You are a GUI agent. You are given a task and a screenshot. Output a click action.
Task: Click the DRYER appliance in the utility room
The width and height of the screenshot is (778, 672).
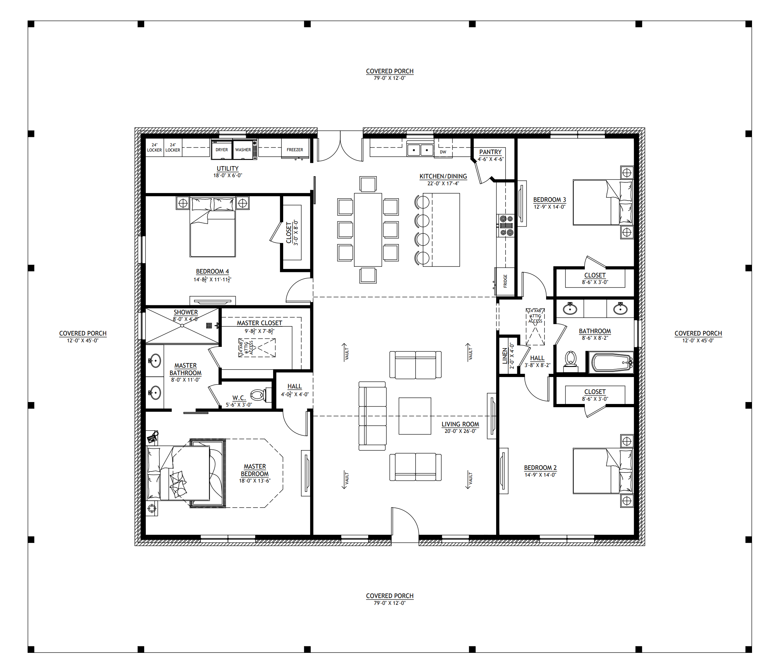[221, 149]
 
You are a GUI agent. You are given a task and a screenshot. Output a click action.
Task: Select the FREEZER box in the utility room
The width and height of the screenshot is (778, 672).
[295, 149]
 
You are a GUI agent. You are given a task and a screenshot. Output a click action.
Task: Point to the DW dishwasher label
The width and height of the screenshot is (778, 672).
[443, 152]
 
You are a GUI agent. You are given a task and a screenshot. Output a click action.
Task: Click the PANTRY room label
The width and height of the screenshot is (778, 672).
[490, 152]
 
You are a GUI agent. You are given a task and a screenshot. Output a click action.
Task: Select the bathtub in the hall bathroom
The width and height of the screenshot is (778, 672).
[611, 362]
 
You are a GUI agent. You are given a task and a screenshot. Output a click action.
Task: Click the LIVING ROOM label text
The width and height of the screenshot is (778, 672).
[460, 424]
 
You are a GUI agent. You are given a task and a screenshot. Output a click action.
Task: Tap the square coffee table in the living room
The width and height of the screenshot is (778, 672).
[415, 416]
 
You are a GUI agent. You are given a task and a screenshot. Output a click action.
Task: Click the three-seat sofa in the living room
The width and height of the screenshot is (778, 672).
[372, 416]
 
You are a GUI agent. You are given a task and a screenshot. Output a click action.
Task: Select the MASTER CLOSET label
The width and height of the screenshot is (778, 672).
[259, 323]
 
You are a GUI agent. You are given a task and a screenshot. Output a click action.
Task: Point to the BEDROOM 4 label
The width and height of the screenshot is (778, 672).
[213, 271]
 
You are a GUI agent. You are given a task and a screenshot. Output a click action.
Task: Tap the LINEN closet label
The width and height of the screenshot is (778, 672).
[505, 356]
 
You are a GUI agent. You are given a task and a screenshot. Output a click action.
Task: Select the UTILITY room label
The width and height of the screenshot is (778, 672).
[228, 168]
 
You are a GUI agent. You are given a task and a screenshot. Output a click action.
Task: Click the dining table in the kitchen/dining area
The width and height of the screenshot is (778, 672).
[368, 229]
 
